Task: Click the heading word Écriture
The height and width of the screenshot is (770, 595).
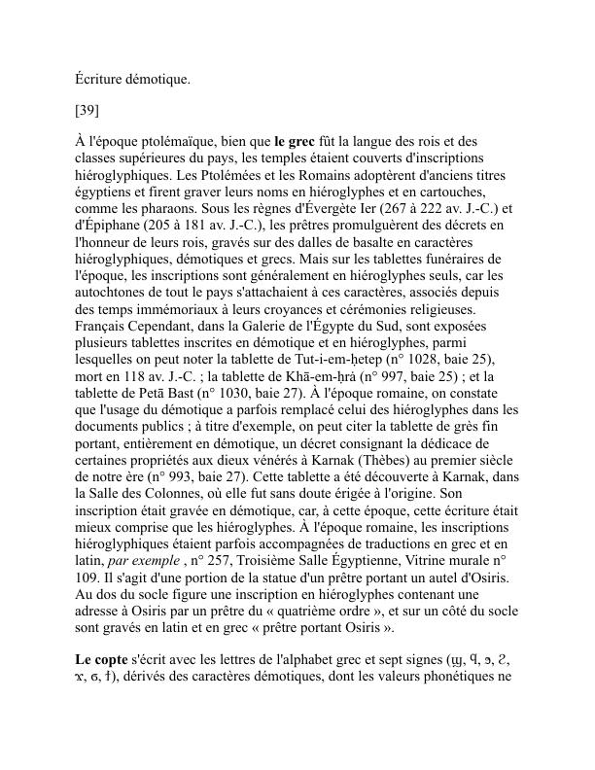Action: pyautogui.click(x=101, y=79)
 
